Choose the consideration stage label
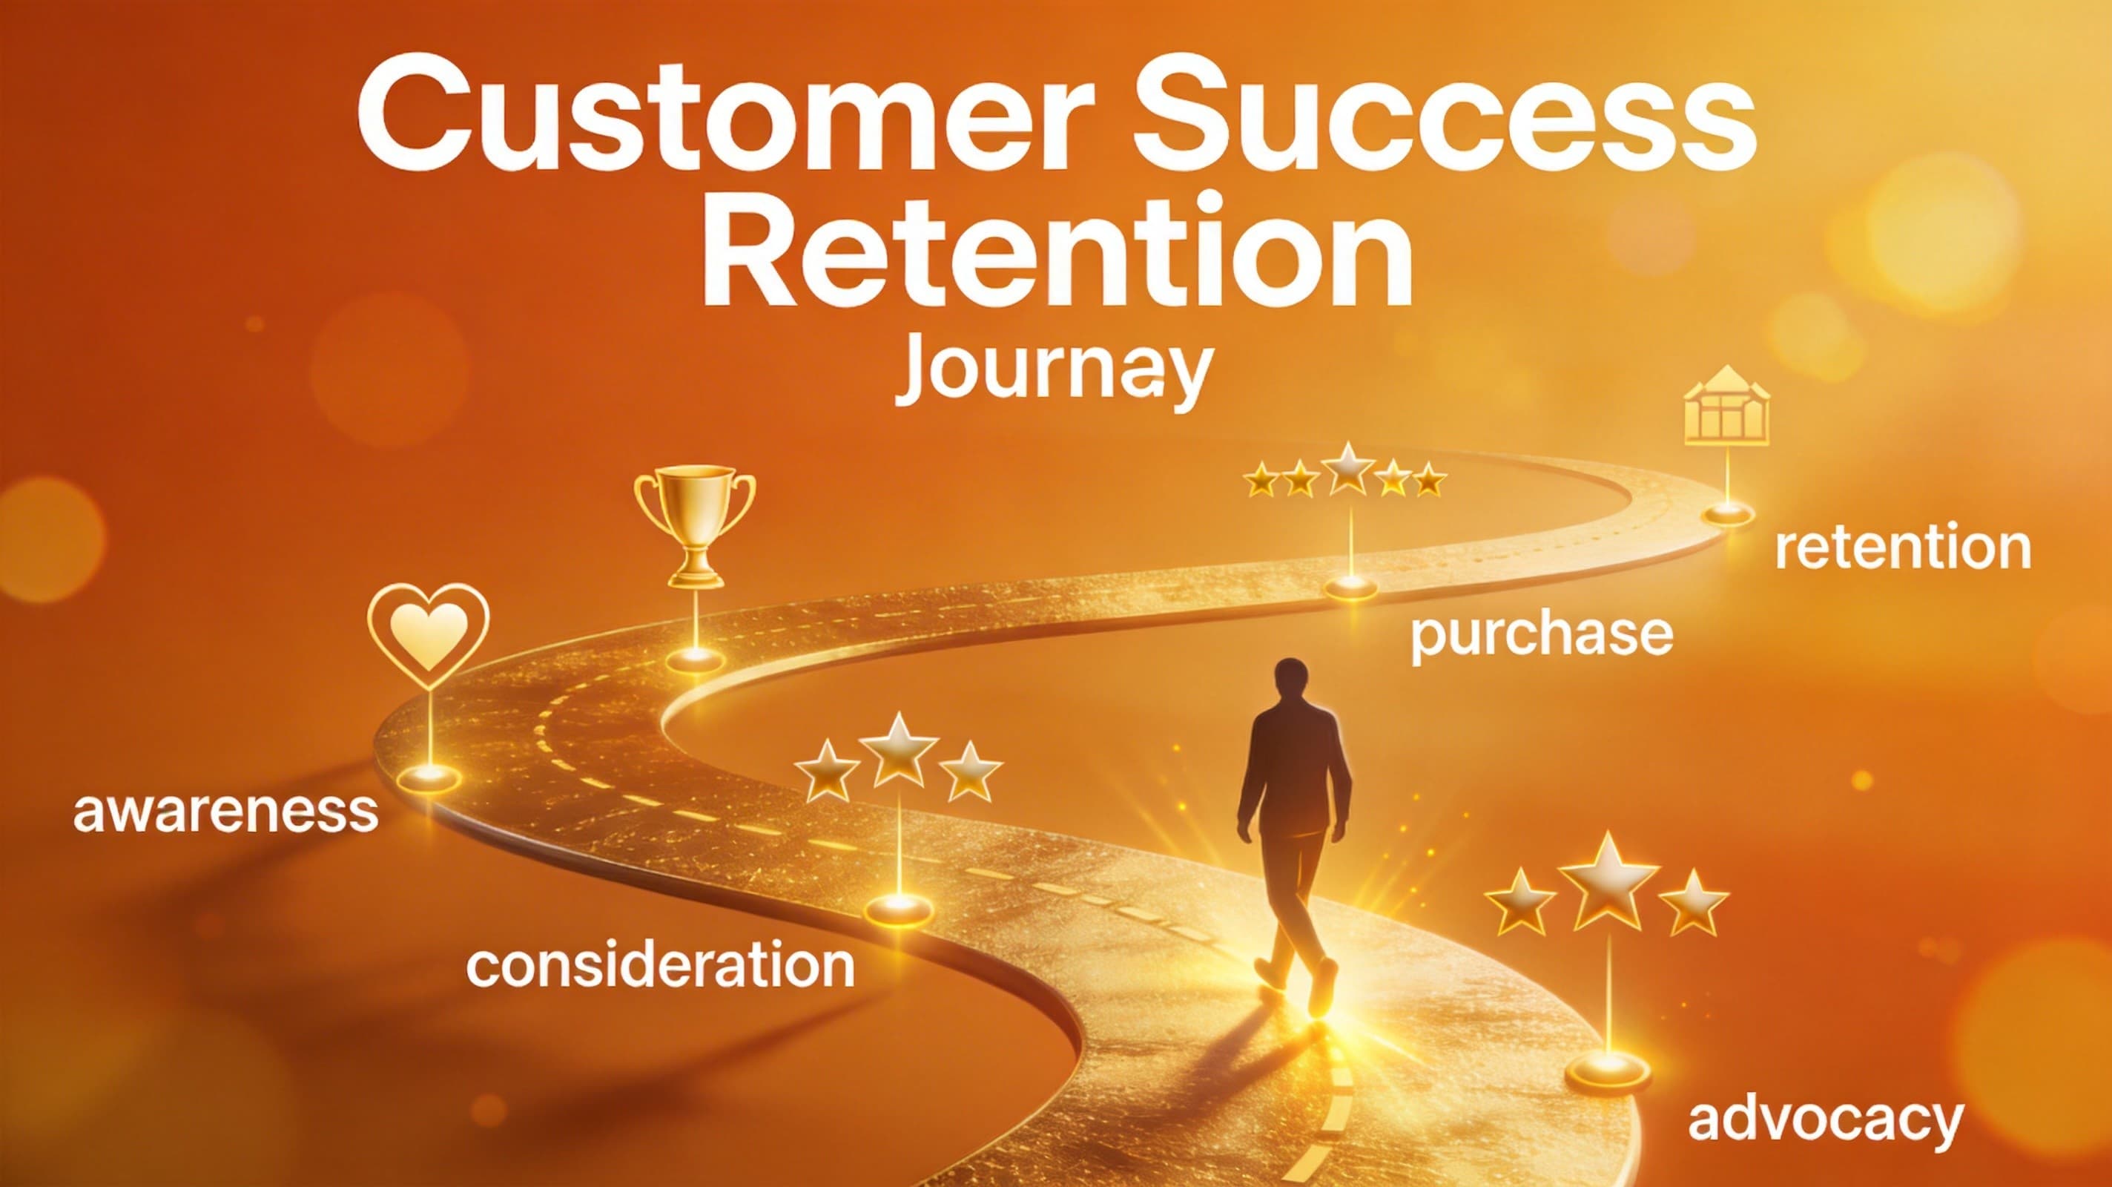tap(660, 965)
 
